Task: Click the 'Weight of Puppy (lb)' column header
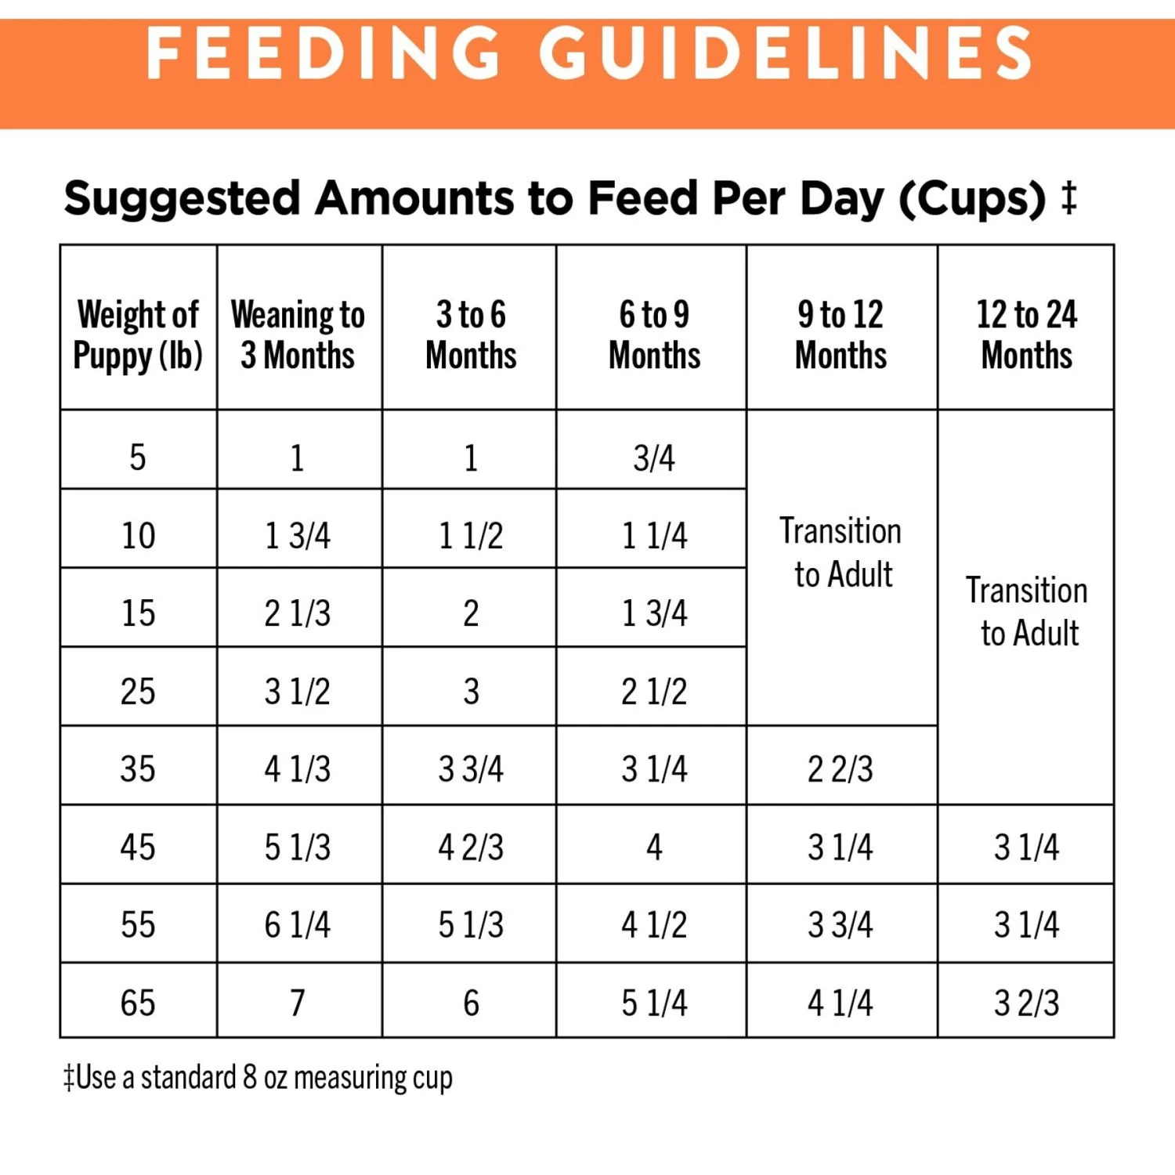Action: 138,334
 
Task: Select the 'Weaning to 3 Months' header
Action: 298,334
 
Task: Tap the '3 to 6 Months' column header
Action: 471,334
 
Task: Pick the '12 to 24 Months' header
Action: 1026,334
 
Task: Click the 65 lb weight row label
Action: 138,1003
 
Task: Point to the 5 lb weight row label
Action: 138,457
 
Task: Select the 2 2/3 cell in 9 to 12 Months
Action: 841,769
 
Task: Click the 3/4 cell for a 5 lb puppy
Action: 654,457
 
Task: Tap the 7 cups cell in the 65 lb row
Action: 298,1003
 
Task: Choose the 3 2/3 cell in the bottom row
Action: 1026,1003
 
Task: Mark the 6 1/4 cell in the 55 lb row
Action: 298,925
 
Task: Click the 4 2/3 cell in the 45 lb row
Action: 471,848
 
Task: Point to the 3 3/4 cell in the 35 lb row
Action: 471,769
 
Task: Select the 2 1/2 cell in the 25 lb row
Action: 654,692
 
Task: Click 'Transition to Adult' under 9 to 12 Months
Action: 841,552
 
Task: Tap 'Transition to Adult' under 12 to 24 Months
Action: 1027,611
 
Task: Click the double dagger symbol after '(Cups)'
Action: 1069,197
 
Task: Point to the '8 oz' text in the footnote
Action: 265,1078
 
